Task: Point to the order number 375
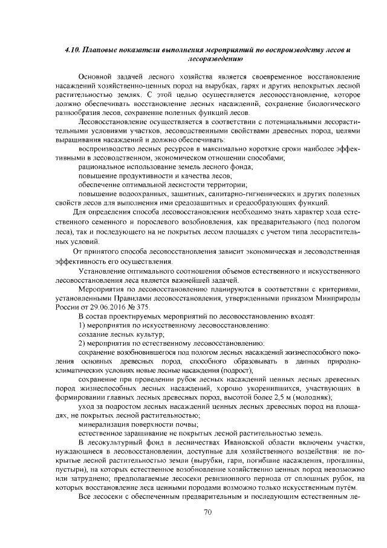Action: [140, 307]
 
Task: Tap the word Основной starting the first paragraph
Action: [97, 78]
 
